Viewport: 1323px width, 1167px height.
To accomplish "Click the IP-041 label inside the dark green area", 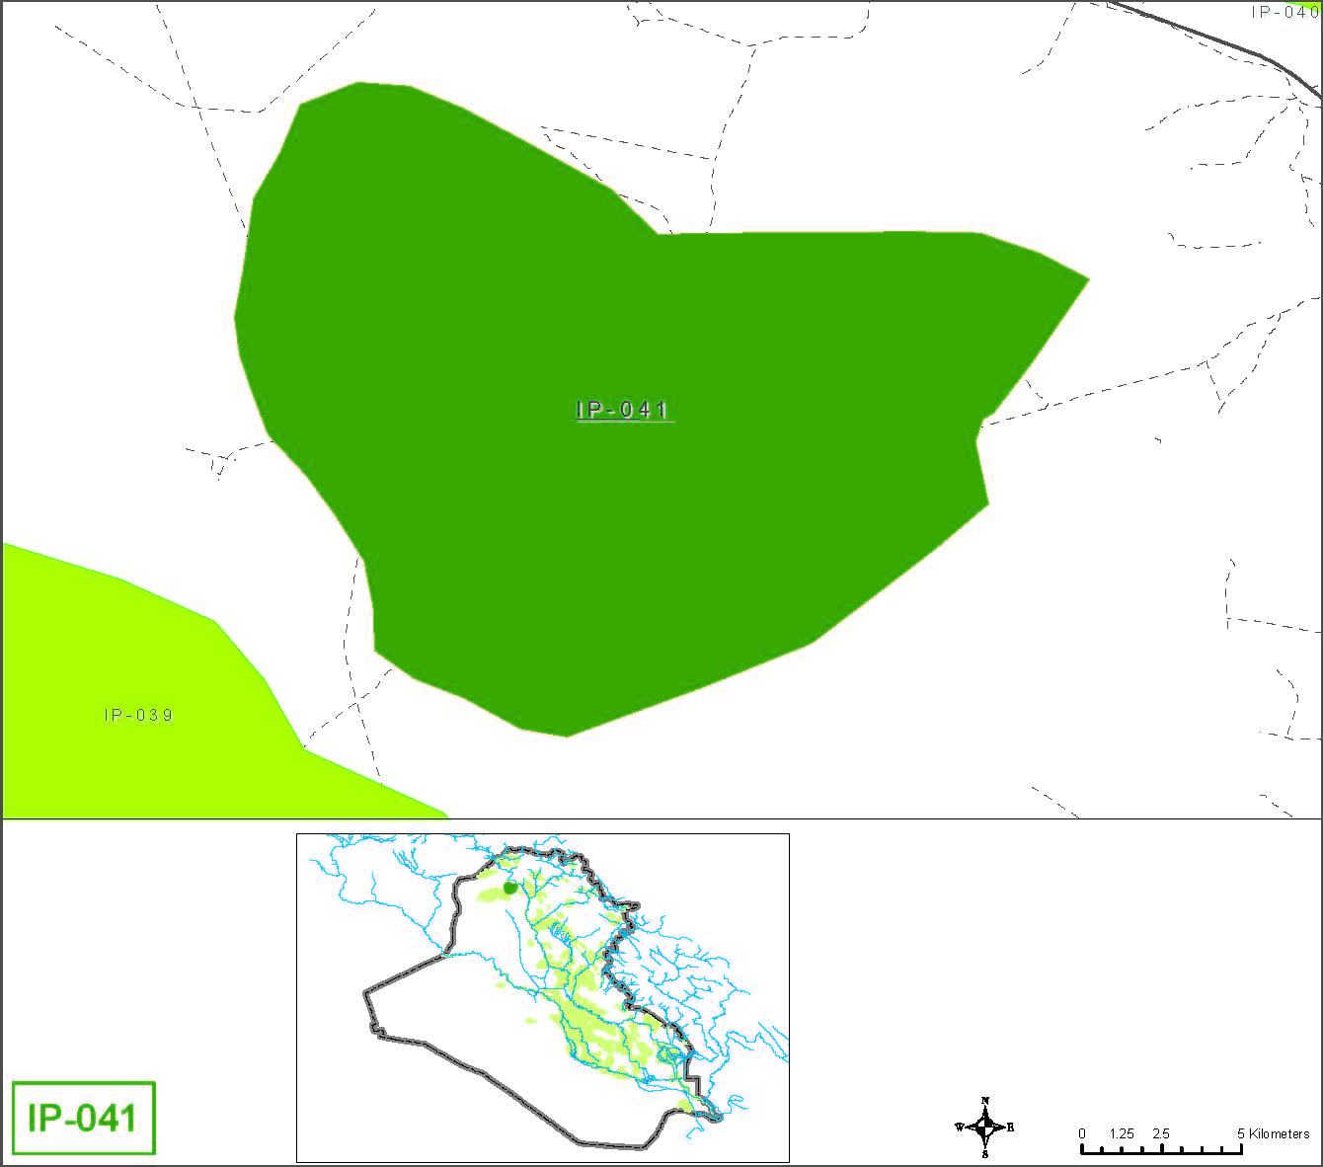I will click(x=623, y=410).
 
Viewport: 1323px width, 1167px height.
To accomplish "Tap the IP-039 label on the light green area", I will click(x=138, y=715).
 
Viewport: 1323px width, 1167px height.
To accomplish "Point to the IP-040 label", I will click(x=1284, y=13).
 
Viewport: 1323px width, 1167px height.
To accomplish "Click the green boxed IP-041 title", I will click(x=83, y=1118).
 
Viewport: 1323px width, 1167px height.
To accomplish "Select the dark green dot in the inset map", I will click(x=509, y=888).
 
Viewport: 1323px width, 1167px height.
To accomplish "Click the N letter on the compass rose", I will click(x=985, y=1100).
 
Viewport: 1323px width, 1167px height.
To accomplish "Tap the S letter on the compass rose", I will click(x=985, y=1154).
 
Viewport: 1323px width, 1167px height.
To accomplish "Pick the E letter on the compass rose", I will click(x=1010, y=1128).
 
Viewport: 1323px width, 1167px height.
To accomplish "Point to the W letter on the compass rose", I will click(x=959, y=1128).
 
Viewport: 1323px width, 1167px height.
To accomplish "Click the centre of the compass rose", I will click(x=985, y=1127).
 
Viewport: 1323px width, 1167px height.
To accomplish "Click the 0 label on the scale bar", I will click(x=1082, y=1133).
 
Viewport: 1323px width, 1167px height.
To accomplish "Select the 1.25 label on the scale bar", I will click(x=1122, y=1133).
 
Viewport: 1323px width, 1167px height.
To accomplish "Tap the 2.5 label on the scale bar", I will click(x=1161, y=1133).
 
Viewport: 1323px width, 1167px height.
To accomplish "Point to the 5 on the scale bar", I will click(x=1241, y=1133).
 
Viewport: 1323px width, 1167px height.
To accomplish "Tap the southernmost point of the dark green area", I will click(x=567, y=735).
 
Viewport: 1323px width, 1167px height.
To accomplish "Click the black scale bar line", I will click(x=1161, y=1150).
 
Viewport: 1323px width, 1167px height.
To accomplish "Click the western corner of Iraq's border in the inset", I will click(x=366, y=989).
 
